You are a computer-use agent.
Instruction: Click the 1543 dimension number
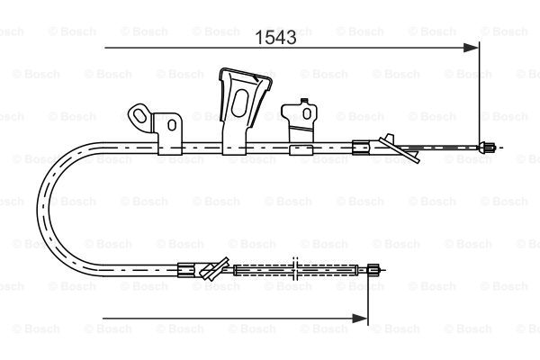275,37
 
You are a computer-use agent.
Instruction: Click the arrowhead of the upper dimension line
471,48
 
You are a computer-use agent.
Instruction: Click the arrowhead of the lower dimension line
360,319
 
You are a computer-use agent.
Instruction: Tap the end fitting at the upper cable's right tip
487,148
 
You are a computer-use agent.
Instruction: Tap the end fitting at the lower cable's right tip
374,270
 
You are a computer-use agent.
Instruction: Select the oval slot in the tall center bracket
239,103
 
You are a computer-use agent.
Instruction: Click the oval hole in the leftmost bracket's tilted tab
139,115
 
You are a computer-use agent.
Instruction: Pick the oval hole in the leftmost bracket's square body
172,125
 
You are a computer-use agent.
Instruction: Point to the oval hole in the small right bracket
307,113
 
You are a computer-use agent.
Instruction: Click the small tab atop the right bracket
304,102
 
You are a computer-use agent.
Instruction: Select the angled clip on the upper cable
399,148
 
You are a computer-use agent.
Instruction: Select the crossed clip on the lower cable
214,268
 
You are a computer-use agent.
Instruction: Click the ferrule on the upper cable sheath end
361,148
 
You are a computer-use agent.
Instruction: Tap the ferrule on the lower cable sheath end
186,270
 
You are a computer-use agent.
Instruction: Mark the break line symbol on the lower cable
295,269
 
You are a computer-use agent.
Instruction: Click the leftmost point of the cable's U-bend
37,209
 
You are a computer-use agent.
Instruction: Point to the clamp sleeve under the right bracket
301,150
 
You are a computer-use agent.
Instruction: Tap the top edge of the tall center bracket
246,74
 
